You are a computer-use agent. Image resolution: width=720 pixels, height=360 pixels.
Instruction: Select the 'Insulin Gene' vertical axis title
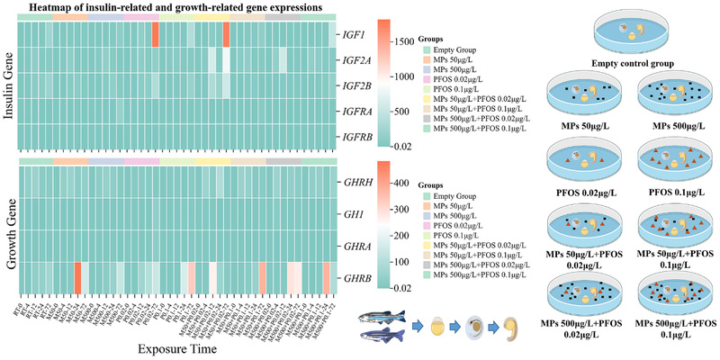(x=10, y=86)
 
